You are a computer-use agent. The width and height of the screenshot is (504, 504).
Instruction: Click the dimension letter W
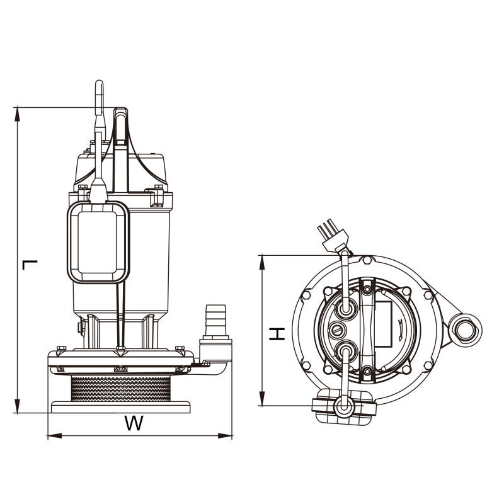[134, 423]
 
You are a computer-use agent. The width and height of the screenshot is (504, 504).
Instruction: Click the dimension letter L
[30, 265]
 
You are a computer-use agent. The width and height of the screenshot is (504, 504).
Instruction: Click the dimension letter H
[277, 334]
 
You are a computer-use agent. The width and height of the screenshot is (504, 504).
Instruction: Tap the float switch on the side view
[98, 243]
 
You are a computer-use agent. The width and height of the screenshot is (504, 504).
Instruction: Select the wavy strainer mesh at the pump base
[121, 389]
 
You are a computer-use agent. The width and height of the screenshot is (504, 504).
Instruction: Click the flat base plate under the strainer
[120, 407]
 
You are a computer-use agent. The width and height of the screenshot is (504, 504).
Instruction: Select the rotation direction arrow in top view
[401, 330]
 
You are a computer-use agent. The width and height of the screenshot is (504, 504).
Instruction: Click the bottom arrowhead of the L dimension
[18, 406]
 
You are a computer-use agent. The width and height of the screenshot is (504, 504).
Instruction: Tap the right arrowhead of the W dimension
[225, 436]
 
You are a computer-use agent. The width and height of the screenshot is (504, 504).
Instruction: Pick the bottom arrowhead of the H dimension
[262, 399]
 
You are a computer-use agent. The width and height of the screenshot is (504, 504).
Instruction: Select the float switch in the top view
[344, 407]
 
